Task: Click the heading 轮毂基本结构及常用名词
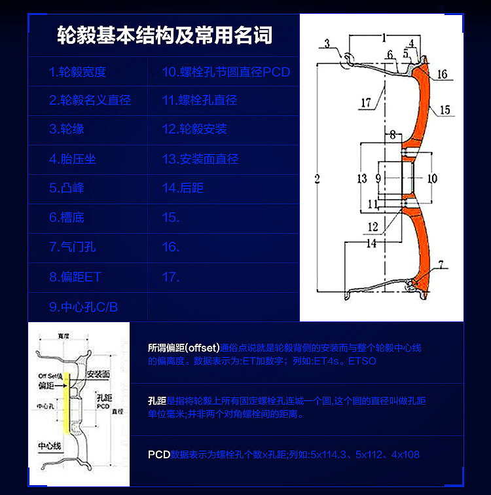point(164,35)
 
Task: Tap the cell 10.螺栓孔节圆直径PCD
point(226,72)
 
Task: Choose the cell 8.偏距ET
point(75,277)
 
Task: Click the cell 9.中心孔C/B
point(83,306)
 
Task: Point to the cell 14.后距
point(183,188)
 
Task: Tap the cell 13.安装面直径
point(200,159)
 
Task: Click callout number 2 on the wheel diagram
point(317,179)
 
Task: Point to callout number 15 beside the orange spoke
point(445,111)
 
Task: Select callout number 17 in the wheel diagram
point(365,103)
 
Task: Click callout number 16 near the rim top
point(443,75)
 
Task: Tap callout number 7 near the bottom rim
point(441,265)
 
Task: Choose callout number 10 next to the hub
point(432,178)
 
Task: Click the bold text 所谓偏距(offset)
point(184,348)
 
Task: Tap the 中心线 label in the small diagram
point(50,446)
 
